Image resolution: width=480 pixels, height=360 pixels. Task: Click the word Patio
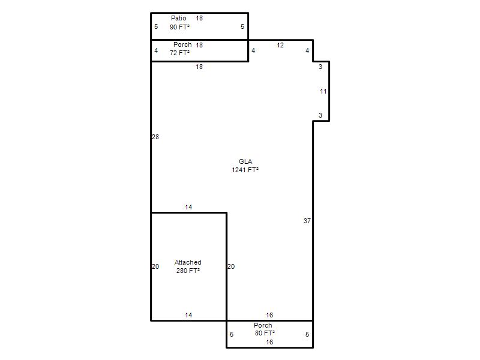pyautogui.click(x=178, y=18)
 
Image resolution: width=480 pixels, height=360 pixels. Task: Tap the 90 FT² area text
pyautogui.click(x=179, y=27)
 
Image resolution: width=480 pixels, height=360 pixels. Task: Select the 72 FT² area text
pyautogui.click(x=179, y=53)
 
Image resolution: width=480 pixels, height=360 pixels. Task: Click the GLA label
pyautogui.click(x=245, y=161)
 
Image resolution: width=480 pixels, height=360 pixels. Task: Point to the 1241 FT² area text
pyautogui.click(x=245, y=170)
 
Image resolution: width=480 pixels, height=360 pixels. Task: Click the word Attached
pyautogui.click(x=188, y=262)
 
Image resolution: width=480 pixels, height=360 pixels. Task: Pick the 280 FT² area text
pyautogui.click(x=188, y=271)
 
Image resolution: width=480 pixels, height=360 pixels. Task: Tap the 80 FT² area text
pyautogui.click(x=265, y=333)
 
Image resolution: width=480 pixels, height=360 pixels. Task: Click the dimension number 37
pyautogui.click(x=307, y=221)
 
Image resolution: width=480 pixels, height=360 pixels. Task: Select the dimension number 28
pyautogui.click(x=155, y=137)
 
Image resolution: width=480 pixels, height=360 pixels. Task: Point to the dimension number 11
pyautogui.click(x=323, y=91)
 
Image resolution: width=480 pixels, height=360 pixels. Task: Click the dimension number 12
pyautogui.click(x=280, y=46)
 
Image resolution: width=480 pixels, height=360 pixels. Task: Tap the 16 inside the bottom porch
pyautogui.click(x=269, y=342)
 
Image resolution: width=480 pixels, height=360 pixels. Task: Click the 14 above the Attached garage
pyautogui.click(x=188, y=207)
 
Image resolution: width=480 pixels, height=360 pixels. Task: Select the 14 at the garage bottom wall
pyautogui.click(x=188, y=315)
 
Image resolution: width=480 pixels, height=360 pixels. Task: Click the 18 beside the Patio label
pyautogui.click(x=199, y=19)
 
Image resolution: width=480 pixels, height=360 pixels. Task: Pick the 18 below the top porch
pyautogui.click(x=199, y=67)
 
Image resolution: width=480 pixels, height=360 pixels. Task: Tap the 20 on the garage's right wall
pyautogui.click(x=231, y=266)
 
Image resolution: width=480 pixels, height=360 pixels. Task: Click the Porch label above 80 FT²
pyautogui.click(x=263, y=325)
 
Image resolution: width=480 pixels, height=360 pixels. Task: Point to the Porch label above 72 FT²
pyautogui.click(x=182, y=44)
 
